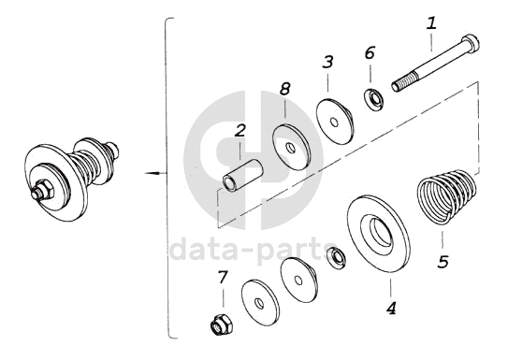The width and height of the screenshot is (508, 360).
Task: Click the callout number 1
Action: point(431,24)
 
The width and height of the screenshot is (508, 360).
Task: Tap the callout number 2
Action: point(240,131)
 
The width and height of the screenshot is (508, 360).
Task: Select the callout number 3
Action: point(327,62)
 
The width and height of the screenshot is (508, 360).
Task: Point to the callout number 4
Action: point(391,308)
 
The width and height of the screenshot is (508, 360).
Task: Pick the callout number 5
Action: point(443,261)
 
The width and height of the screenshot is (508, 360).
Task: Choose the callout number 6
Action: point(370,52)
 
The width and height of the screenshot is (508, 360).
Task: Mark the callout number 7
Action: point(223,278)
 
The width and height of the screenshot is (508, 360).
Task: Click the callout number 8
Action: point(284,89)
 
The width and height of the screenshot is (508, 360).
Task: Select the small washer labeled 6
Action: point(374,99)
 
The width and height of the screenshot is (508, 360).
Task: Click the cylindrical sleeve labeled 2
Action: point(243,176)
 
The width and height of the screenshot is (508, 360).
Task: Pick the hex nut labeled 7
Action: point(222,325)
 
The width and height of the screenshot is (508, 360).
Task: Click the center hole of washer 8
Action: point(291,149)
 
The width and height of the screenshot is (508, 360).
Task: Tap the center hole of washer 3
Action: point(334,122)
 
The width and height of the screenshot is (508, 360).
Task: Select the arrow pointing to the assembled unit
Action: point(155,173)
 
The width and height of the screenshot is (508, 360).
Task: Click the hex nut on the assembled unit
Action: point(43,192)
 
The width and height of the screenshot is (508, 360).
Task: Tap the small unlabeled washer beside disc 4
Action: point(337,258)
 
